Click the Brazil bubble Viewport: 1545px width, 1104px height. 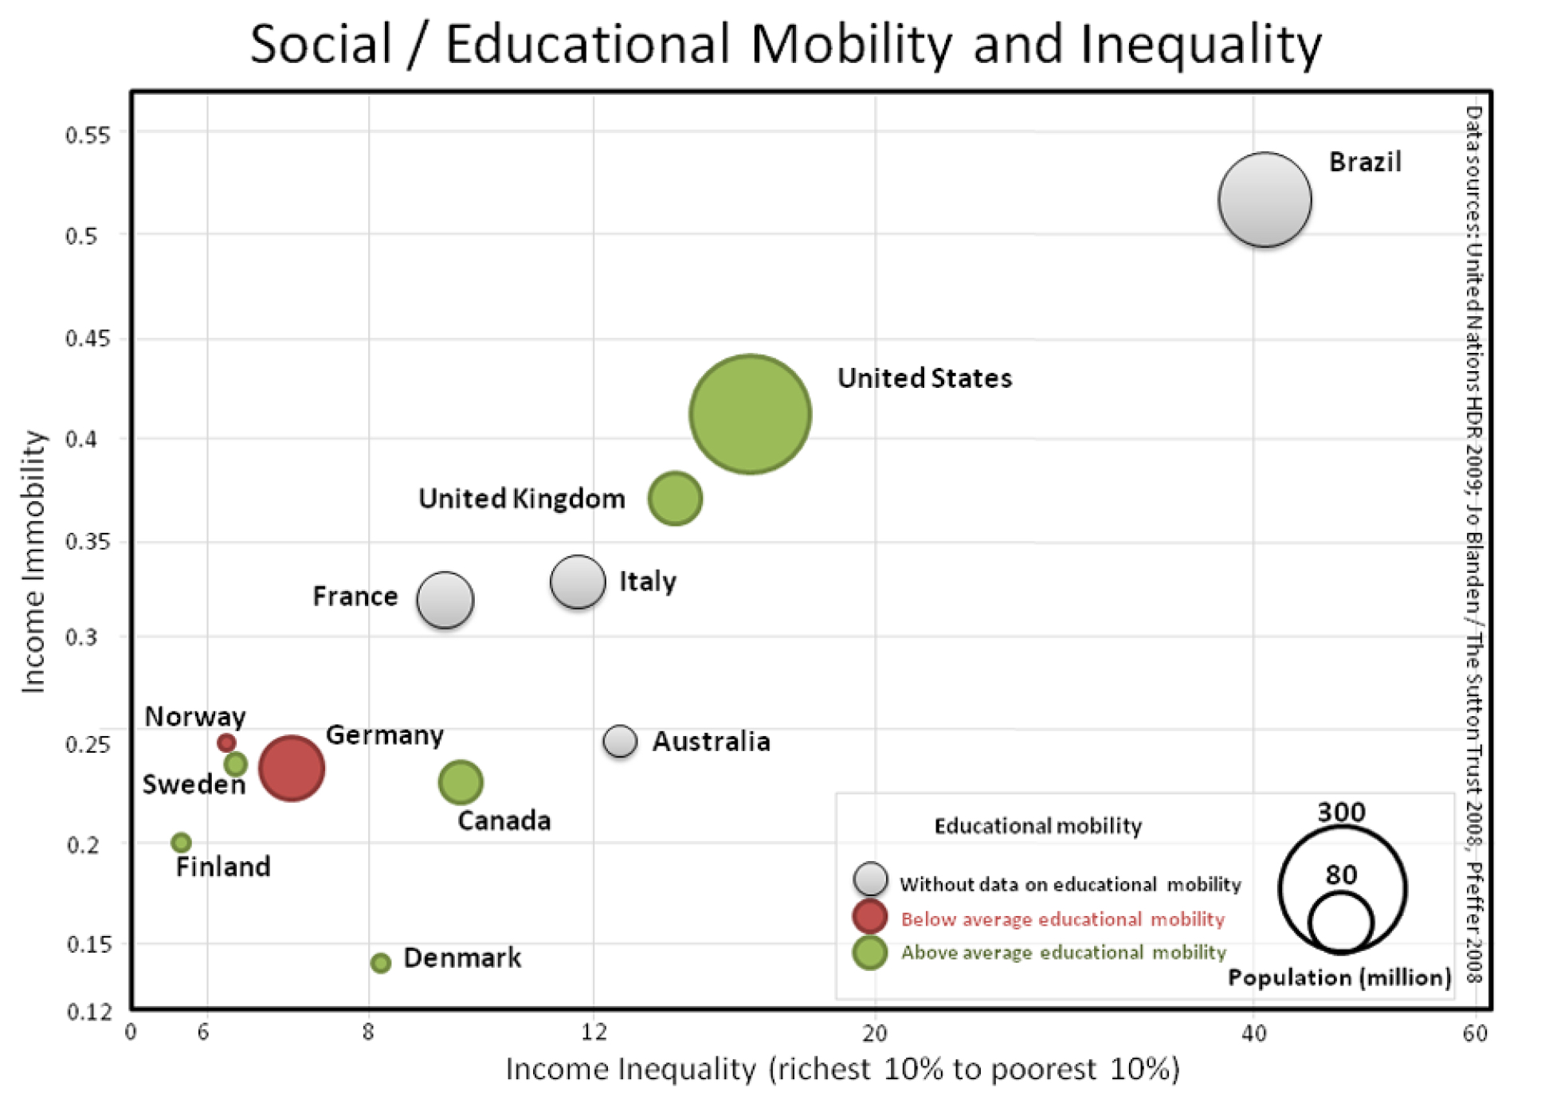click(x=1264, y=199)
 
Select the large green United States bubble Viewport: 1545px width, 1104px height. click(x=750, y=414)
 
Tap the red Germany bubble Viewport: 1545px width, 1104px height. click(x=292, y=768)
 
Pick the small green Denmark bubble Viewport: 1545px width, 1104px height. click(x=381, y=963)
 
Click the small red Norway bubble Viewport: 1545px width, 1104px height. click(x=226, y=742)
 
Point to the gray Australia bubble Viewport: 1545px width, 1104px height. click(x=620, y=742)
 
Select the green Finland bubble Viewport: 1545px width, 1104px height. click(x=182, y=842)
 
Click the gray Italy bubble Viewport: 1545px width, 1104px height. click(x=577, y=582)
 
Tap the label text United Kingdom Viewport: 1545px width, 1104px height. click(x=522, y=499)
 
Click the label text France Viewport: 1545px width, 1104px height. click(x=355, y=596)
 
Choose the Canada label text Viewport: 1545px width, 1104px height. click(x=504, y=820)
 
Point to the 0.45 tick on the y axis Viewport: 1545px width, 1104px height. click(x=88, y=339)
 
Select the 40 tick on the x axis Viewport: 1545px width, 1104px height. click(x=1253, y=1033)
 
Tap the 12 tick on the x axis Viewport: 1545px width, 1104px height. click(x=594, y=1033)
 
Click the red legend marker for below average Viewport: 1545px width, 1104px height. click(x=869, y=917)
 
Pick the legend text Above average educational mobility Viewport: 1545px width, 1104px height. click(x=1063, y=952)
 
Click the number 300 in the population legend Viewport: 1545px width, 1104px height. click(x=1341, y=812)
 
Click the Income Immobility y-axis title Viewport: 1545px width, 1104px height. click(x=33, y=562)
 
